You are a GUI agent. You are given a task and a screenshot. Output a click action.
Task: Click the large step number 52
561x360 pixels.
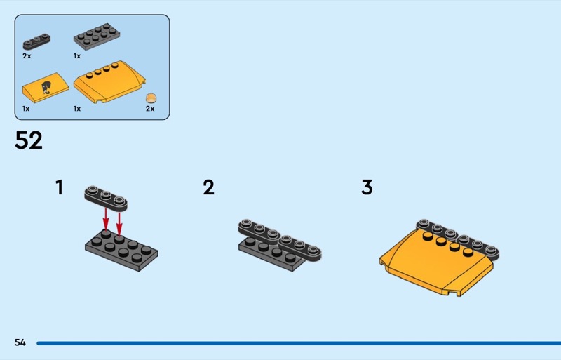click(29, 140)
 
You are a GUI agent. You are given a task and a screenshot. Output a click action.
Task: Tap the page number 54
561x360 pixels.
click(20, 342)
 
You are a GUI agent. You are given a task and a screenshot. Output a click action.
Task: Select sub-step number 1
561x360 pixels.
click(60, 188)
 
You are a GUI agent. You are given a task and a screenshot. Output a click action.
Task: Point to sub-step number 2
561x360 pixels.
click(208, 188)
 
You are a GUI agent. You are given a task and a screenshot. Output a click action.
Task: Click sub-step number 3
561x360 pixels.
click(367, 188)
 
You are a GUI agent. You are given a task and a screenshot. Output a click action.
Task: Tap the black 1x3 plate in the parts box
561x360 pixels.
click(36, 41)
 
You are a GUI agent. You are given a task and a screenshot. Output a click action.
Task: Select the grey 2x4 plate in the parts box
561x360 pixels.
click(97, 35)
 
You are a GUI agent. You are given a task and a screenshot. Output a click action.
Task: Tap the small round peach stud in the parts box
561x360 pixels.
click(150, 98)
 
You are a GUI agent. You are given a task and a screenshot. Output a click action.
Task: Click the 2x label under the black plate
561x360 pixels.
click(27, 55)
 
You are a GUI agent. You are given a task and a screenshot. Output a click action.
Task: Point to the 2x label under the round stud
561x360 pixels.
click(150, 109)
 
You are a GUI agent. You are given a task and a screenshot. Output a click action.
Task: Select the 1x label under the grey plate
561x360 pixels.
click(77, 55)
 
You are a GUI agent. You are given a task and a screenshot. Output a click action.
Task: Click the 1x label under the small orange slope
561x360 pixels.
click(26, 109)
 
